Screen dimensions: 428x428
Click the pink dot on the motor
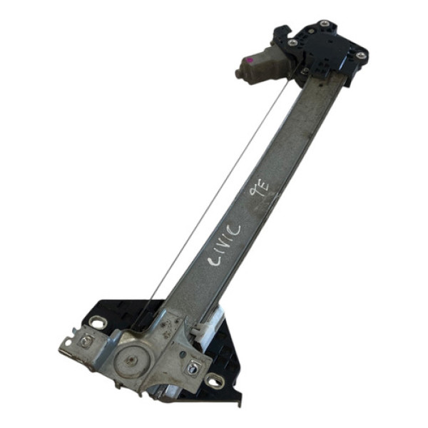[250, 61]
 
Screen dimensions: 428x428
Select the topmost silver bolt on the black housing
[325, 23]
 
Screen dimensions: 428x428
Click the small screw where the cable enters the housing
[305, 69]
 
